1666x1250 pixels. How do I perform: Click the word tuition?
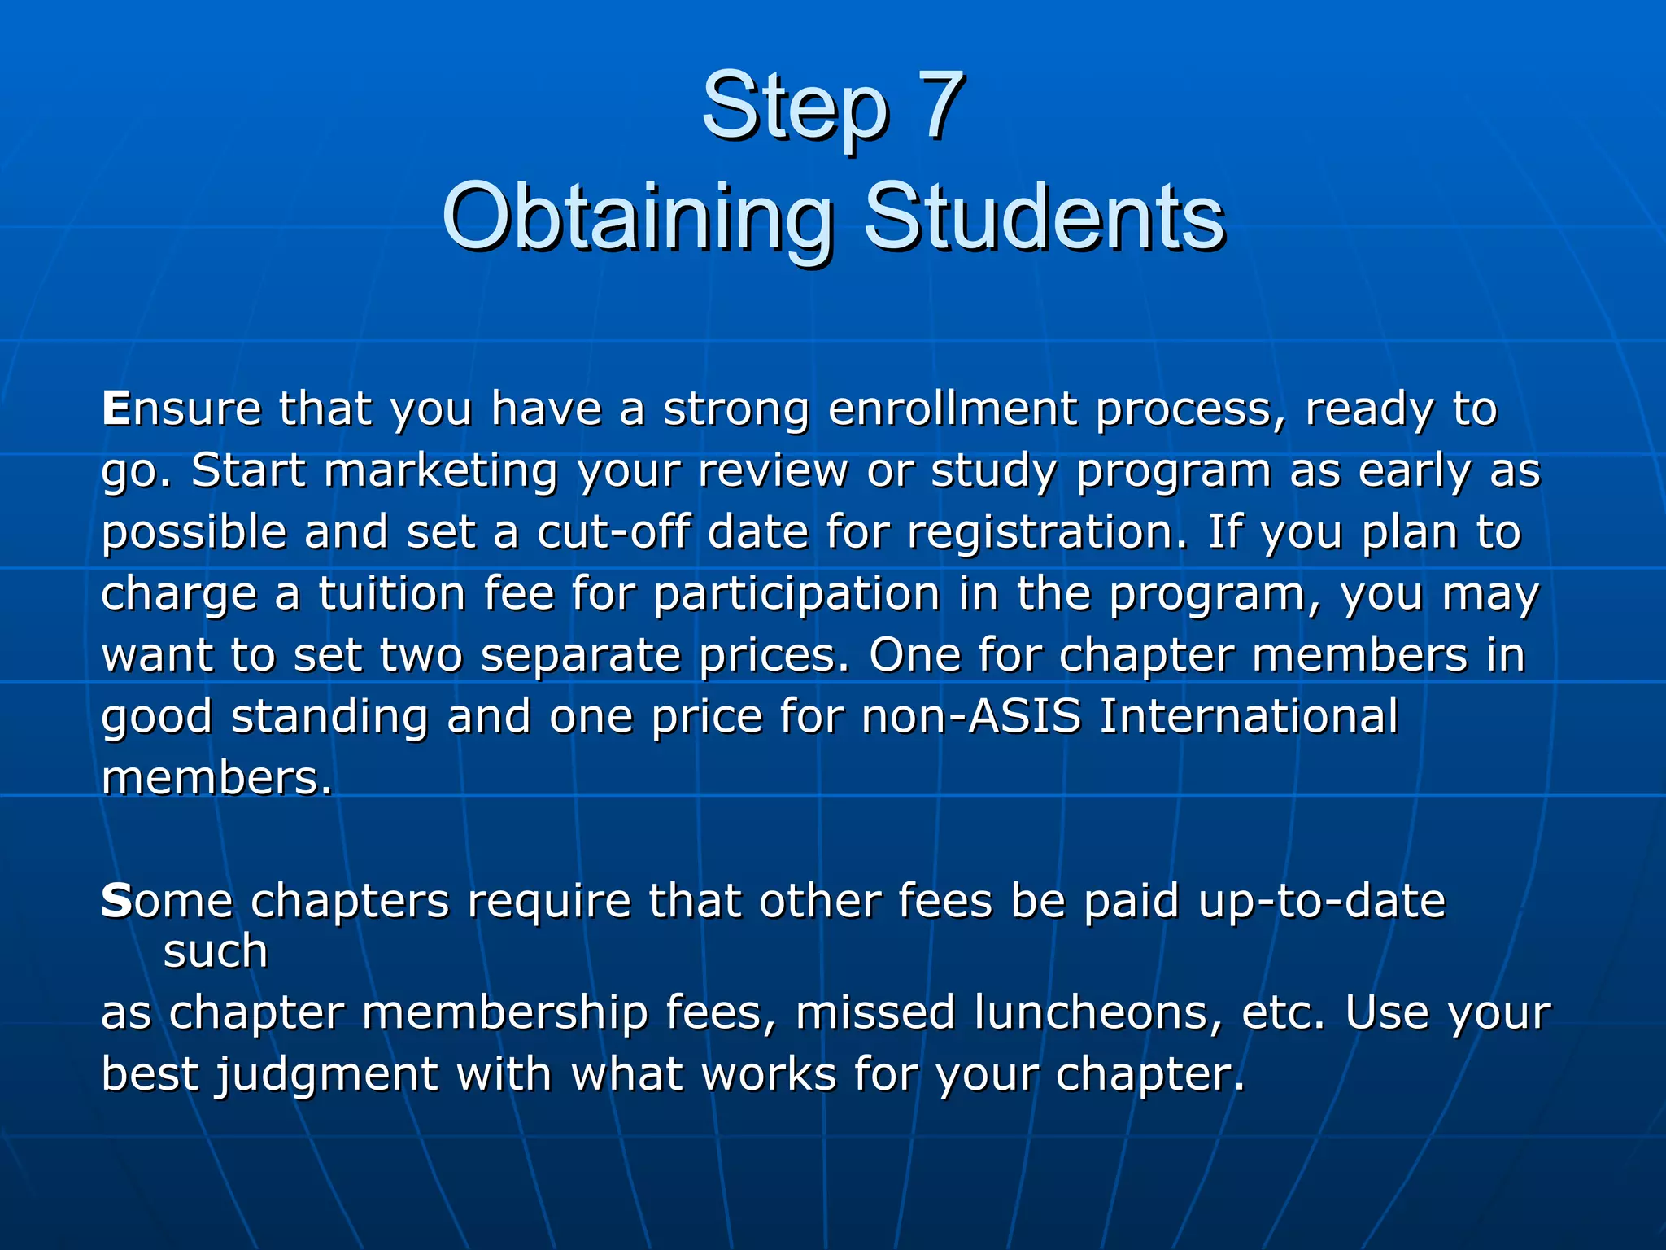click(391, 593)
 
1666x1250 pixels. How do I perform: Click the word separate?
click(580, 656)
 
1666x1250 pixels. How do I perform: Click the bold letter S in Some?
click(116, 901)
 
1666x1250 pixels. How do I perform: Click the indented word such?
click(215, 951)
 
